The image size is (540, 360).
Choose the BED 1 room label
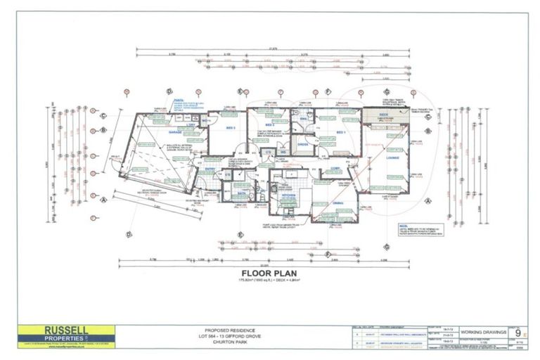tap(341, 132)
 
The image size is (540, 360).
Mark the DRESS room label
tap(303, 144)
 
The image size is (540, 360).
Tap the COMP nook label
tap(336, 169)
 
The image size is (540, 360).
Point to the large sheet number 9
tap(518, 333)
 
